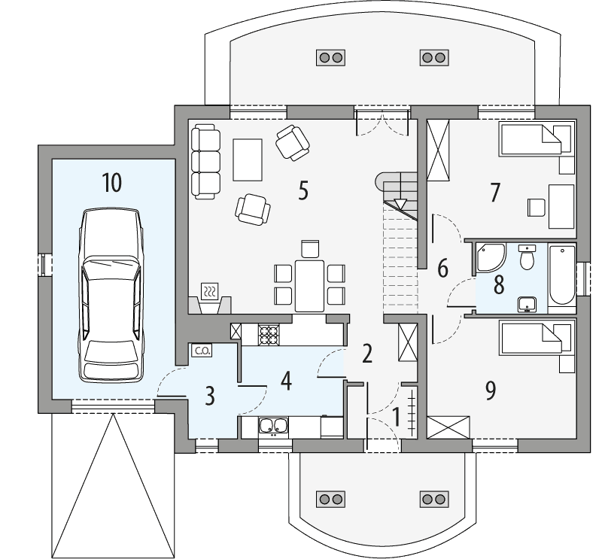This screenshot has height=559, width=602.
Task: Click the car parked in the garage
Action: [112, 295]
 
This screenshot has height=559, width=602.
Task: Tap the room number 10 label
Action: [111, 183]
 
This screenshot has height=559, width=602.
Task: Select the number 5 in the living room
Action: [303, 191]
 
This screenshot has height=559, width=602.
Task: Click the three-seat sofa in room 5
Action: [204, 160]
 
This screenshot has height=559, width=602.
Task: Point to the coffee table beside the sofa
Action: [247, 159]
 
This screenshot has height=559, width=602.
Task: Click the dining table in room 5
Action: [309, 285]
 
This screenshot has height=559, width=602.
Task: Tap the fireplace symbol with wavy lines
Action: [211, 291]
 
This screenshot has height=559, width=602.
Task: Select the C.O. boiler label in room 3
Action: [201, 350]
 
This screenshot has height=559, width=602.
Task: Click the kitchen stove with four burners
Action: [269, 333]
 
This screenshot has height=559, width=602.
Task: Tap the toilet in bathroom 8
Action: [528, 258]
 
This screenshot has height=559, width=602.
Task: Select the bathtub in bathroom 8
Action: [561, 278]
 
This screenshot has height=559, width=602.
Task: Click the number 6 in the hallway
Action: [442, 267]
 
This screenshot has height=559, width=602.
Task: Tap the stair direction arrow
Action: [400, 203]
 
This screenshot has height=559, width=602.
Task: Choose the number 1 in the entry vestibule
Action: [397, 415]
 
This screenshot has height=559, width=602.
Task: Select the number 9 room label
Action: [491, 390]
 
